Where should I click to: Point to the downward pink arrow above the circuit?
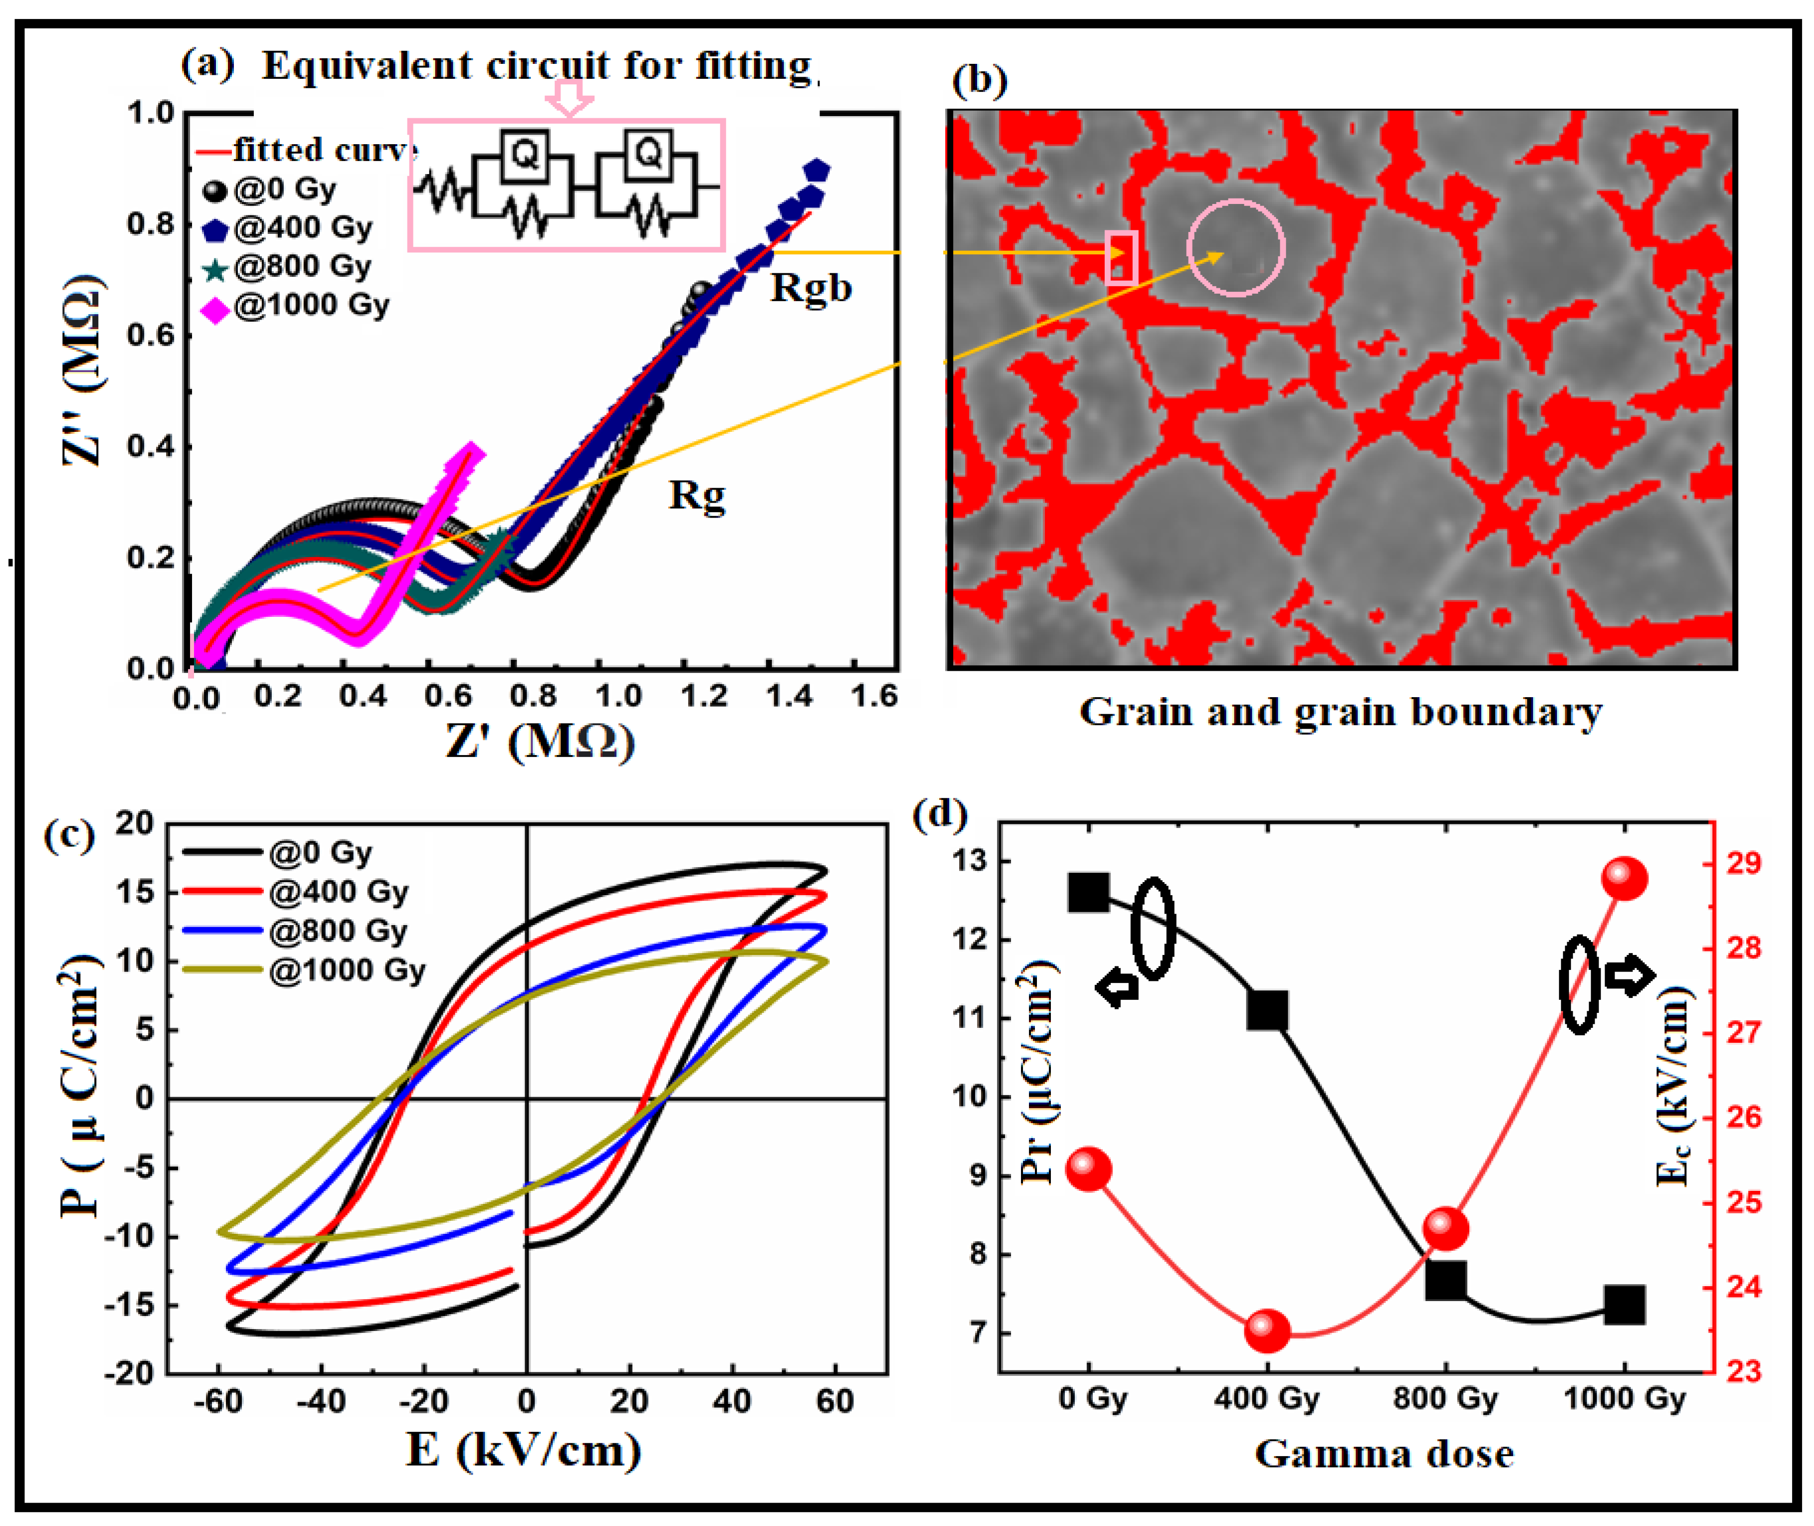point(568,96)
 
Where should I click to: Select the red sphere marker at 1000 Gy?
point(1623,879)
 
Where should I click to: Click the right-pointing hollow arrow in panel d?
point(1630,975)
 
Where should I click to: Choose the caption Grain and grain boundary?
point(1340,712)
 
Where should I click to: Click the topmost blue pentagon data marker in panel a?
point(816,171)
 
